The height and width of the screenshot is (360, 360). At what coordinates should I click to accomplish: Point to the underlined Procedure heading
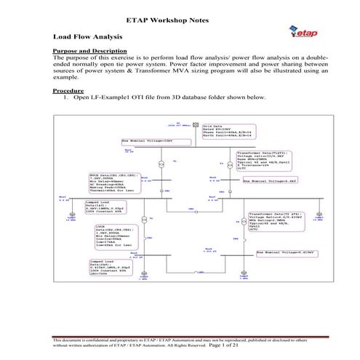(69, 90)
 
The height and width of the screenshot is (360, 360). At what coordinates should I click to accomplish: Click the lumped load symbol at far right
(318, 216)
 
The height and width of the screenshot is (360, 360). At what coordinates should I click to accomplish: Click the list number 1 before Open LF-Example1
(65, 97)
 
